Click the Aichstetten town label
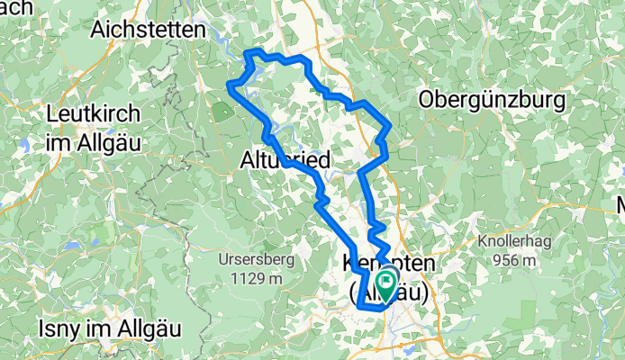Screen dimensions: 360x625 point(148,29)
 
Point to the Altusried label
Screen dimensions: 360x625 point(285,161)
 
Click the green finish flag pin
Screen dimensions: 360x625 point(387,284)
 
